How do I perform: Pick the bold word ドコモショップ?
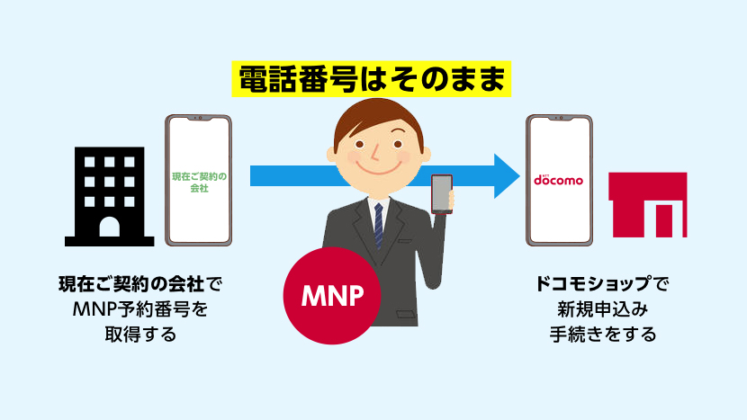(590, 285)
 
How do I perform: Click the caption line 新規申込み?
(603, 310)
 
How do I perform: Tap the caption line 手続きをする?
(603, 335)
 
